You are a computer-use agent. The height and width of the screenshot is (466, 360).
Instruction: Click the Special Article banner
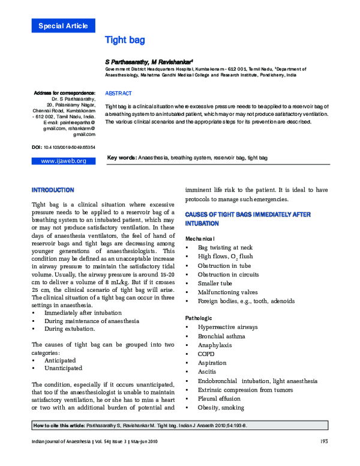63,25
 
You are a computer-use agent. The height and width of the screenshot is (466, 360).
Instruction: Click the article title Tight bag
125,40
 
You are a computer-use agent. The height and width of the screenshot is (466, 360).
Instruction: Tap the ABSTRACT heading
118,94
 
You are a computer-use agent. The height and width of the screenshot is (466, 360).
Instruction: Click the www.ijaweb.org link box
63,161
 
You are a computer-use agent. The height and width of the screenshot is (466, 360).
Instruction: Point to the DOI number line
63,147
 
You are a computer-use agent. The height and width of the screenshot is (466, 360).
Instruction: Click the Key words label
122,157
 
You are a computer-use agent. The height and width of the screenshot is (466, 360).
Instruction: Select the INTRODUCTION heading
53,190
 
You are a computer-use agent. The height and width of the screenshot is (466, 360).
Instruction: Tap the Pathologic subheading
199,317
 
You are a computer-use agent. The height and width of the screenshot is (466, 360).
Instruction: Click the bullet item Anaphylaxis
215,345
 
